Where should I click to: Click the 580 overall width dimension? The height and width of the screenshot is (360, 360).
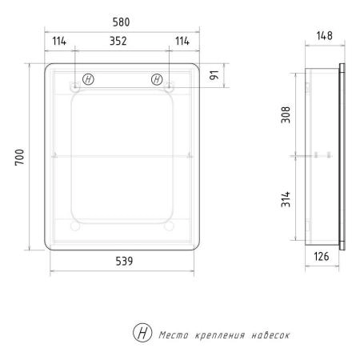coord(121,22)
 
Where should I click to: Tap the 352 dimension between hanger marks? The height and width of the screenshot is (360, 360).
coord(118,41)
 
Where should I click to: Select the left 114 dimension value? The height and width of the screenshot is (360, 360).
coord(59,41)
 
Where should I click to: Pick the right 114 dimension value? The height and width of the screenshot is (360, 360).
coord(182,41)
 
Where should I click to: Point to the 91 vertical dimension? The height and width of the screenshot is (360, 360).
coord(214,75)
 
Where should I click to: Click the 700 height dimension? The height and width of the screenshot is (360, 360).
coord(19,158)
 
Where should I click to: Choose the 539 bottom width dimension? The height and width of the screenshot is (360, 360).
coord(124,261)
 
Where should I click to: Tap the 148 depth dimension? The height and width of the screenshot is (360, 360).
coord(325,36)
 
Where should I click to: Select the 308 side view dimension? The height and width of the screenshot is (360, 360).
coord(286,114)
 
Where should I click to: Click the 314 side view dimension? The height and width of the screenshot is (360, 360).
coord(286,199)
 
